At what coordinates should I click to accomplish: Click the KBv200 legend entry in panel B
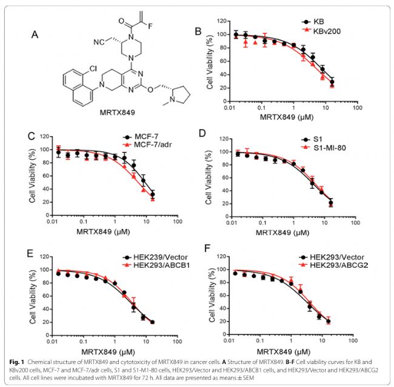pos(321,31)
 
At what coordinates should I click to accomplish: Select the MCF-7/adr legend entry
pos(147,145)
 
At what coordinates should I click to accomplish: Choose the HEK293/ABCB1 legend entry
pos(156,265)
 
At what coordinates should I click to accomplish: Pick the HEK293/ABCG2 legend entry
pos(333,265)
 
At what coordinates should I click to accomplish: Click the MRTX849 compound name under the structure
pos(118,112)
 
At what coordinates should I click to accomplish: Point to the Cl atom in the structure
pos(93,68)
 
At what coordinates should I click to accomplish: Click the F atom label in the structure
pos(150,27)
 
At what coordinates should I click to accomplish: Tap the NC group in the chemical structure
pos(99,42)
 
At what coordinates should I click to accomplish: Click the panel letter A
pos(35,34)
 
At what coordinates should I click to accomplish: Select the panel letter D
pos(202,134)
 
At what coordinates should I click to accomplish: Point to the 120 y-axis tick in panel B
pos(222,21)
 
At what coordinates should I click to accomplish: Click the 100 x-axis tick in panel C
pos(178,221)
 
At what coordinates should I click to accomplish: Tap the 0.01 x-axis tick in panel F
pos(229,340)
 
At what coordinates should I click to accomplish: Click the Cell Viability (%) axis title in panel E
pos(33,297)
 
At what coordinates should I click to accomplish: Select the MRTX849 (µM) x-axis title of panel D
pos(282,233)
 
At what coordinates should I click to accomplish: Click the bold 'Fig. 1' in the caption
pos(17,362)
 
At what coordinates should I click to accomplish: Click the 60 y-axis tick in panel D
pos(225,178)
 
